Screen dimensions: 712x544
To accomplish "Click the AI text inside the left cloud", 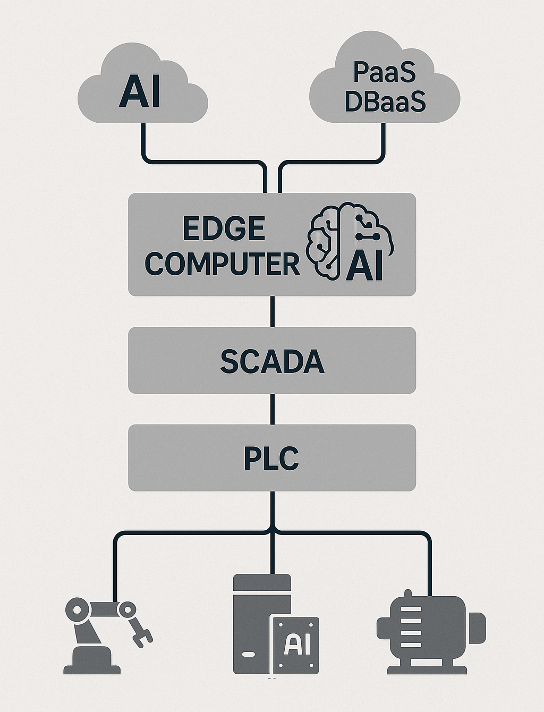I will coord(140,91).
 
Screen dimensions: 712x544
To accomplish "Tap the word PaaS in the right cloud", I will coord(385,72).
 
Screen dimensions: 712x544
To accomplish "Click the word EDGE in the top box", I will coord(224,229).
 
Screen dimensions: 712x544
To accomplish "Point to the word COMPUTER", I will coord(222,264).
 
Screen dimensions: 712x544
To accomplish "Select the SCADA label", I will coord(272,361).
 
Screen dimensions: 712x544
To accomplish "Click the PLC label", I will coord(271,459).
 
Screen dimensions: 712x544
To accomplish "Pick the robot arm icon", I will coord(101,635).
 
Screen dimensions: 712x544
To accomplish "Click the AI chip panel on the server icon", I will coord(295,645).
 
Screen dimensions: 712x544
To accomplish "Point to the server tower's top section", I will coord(262,583).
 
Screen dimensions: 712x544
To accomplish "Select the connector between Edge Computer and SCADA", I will coord(273,311).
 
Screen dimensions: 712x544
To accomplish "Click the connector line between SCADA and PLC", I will coord(273,409).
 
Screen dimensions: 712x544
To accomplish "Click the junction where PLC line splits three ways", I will coord(273,531).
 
